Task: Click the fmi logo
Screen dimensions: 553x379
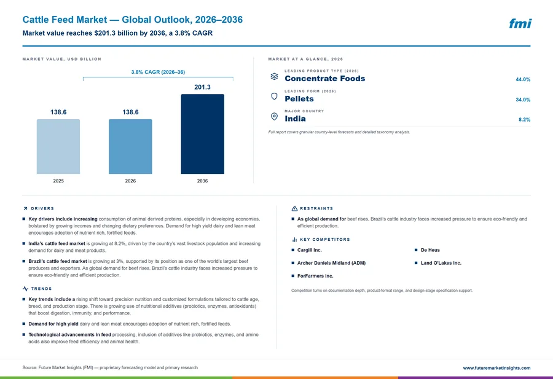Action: click(x=520, y=23)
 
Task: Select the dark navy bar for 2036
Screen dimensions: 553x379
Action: click(x=202, y=134)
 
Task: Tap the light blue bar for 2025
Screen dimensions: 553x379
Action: click(x=58, y=146)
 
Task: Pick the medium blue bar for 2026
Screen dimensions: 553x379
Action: click(x=130, y=146)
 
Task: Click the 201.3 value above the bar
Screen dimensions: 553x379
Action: click(x=202, y=87)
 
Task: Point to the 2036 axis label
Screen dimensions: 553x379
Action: click(x=202, y=181)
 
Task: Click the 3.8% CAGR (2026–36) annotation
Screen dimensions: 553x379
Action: click(x=158, y=72)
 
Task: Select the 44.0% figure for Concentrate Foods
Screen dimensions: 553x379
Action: click(x=523, y=79)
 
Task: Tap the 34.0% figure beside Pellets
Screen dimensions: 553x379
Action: click(x=523, y=100)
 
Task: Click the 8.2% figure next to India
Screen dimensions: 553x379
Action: click(x=524, y=120)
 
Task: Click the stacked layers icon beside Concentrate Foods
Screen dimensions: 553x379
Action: click(x=275, y=76)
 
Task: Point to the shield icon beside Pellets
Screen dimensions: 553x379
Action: click(x=275, y=96)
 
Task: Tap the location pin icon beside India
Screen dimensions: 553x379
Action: click(x=275, y=116)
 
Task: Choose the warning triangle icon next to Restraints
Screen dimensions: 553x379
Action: click(x=294, y=209)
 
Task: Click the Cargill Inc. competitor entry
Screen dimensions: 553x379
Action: click(x=309, y=250)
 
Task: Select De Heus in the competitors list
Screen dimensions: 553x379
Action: click(x=430, y=250)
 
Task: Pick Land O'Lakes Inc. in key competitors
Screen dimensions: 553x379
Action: click(x=441, y=263)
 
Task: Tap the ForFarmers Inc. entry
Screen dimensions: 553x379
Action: click(x=315, y=276)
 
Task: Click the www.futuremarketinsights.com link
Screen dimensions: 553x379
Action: click(x=496, y=368)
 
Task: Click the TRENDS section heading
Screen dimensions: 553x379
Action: click(x=41, y=289)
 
